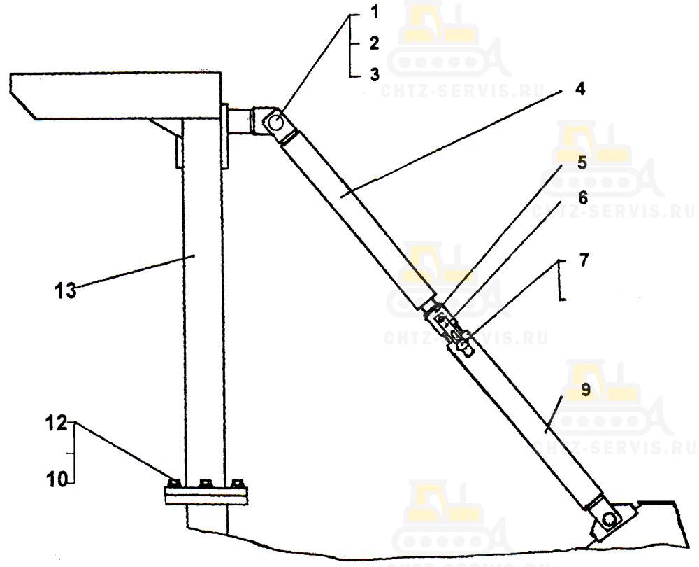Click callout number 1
(x=375, y=12)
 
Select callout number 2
(x=375, y=43)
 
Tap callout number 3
(x=375, y=74)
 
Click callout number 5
(x=582, y=162)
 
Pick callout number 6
(x=583, y=197)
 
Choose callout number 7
(x=584, y=260)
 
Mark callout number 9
(x=585, y=389)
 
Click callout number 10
(x=57, y=480)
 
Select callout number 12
(x=57, y=423)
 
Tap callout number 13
(x=66, y=291)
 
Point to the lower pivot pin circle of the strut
(x=609, y=519)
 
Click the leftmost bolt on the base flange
(x=174, y=483)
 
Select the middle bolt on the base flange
(x=206, y=483)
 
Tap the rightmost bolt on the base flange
(x=237, y=483)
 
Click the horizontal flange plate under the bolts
(x=206, y=496)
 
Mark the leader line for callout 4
(x=452, y=142)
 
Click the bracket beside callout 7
(x=563, y=280)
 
